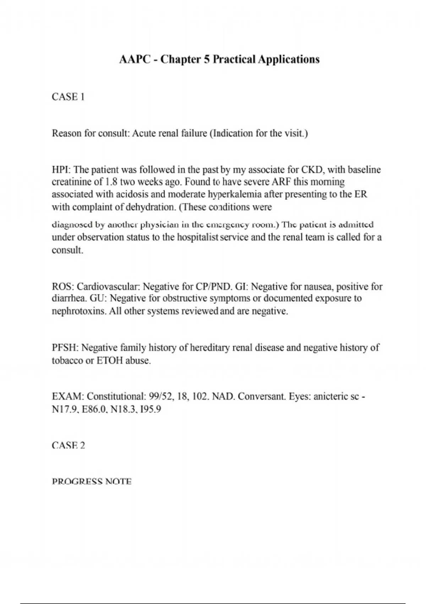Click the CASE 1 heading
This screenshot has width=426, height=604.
(68, 97)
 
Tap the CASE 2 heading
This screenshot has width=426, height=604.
(68, 445)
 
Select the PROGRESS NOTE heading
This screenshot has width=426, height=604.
(92, 481)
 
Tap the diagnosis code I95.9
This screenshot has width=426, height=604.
(151, 409)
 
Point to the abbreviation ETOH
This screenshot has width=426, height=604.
(109, 361)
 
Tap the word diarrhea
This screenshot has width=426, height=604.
(68, 298)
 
